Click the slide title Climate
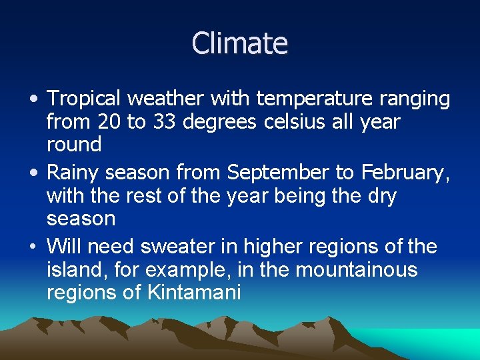point(240,43)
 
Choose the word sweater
point(175,247)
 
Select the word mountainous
point(365,269)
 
